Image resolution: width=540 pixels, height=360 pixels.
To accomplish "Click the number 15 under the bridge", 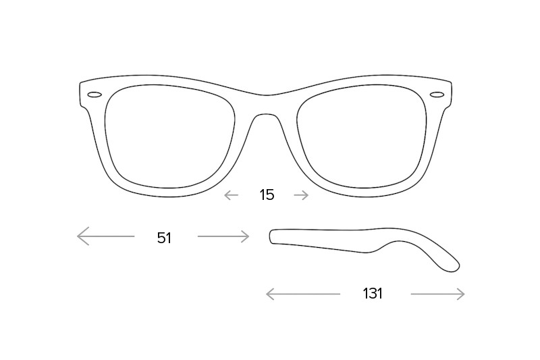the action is [267, 195].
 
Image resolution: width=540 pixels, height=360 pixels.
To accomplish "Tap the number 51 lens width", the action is [164, 238].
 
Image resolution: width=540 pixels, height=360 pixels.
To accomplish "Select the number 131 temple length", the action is [373, 294].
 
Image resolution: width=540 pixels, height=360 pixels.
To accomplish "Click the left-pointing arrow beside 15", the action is [231, 195].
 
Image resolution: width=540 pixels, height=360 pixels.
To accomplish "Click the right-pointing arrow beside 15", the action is [301, 195].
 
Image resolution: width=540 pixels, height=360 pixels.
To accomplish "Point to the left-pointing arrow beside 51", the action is [106, 236].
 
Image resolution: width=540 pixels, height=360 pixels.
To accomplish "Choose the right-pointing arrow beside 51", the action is [223, 236].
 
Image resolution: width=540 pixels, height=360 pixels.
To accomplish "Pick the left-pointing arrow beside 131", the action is [303, 294].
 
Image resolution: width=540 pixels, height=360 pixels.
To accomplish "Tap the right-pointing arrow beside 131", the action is [437, 294].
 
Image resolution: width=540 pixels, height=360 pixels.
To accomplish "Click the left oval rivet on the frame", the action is [94, 95].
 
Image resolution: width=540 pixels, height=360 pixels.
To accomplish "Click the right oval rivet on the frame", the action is [437, 94].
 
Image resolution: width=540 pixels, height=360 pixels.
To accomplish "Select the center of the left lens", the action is [170, 136].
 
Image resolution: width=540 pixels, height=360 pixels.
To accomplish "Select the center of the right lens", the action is [362, 136].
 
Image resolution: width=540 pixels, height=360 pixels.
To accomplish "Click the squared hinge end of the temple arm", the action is [271, 236].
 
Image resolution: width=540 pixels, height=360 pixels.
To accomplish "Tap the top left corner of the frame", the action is [80, 82].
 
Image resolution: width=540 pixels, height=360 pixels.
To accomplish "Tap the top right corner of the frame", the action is [451, 82].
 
